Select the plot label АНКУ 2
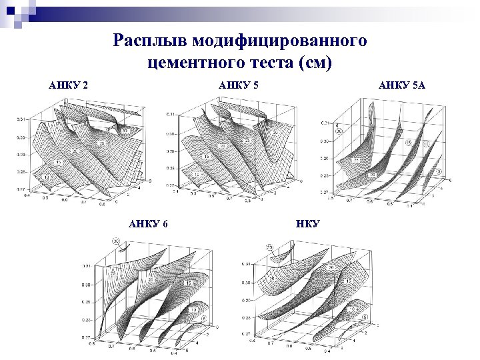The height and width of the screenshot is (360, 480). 69,85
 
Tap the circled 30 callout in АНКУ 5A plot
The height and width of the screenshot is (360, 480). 339,131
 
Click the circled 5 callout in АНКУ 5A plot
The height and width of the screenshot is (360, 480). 441,171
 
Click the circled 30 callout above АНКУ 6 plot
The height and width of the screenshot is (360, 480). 115,241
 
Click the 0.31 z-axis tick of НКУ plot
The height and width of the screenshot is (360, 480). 245,265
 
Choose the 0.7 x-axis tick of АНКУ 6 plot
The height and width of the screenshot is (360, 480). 113,347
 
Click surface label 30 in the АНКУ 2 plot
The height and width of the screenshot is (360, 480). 125,131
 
